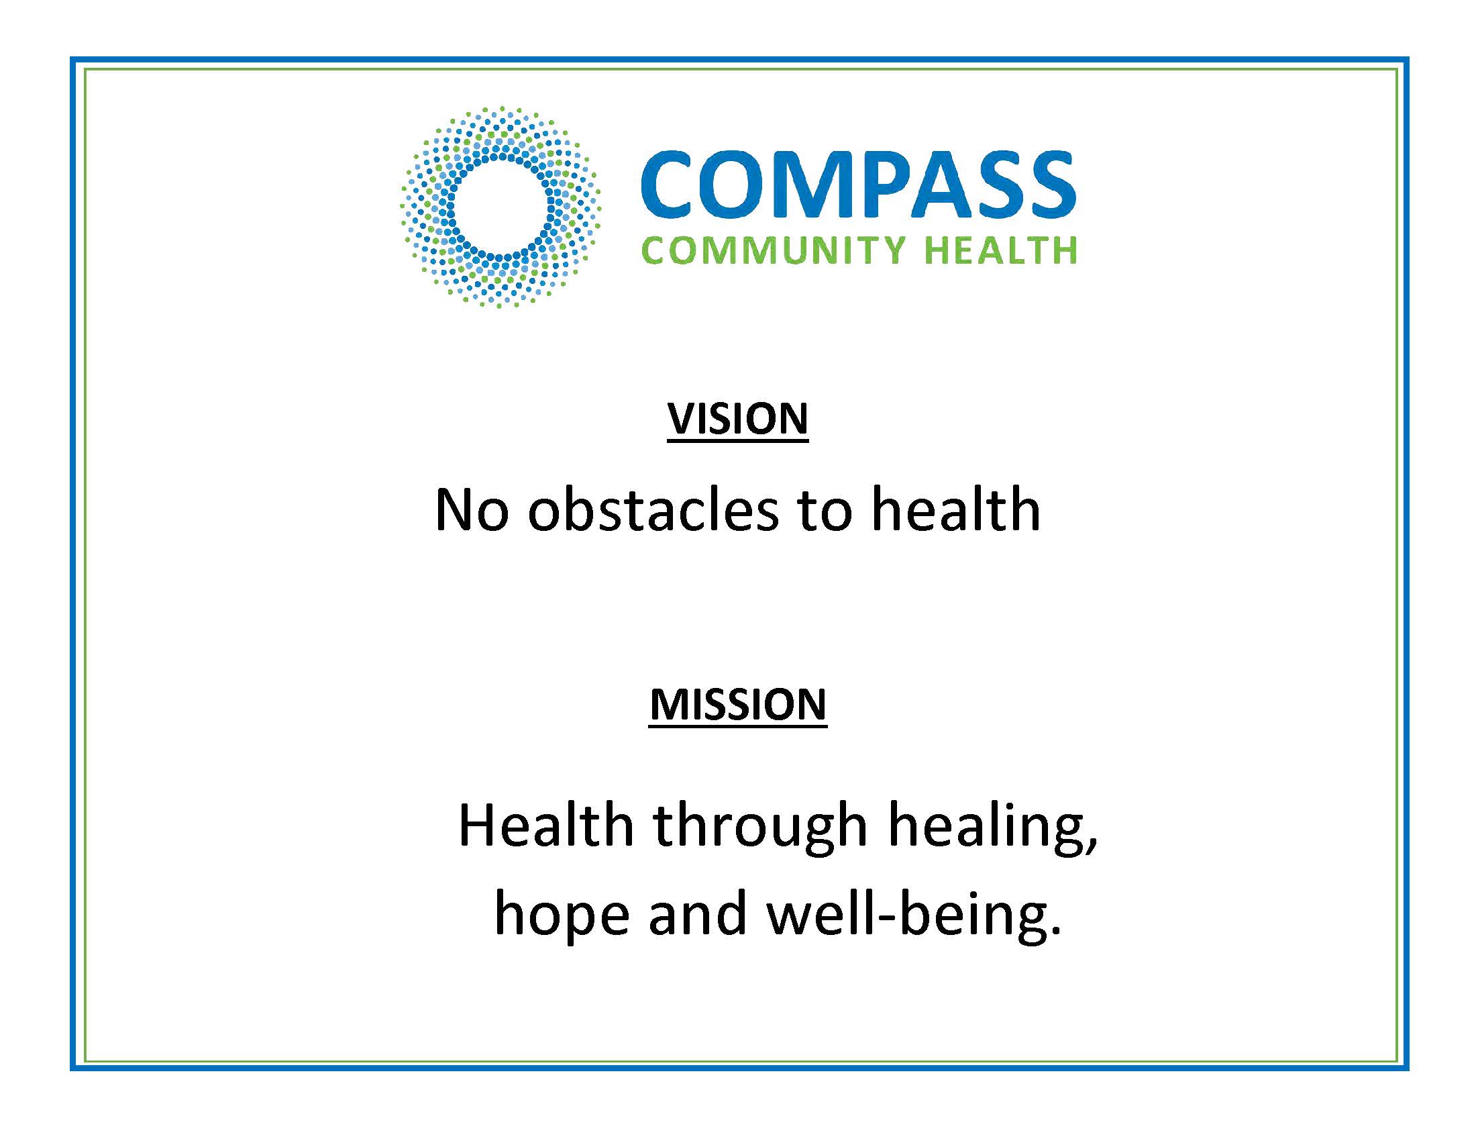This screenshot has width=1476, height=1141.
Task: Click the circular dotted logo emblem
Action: [500, 207]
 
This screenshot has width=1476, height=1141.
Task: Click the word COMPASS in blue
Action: [858, 185]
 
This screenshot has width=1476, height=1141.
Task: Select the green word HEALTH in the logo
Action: [1000, 250]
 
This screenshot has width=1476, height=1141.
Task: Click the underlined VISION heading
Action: [738, 419]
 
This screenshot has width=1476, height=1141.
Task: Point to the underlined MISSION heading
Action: [738, 705]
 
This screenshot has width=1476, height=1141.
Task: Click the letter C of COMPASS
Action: [668, 185]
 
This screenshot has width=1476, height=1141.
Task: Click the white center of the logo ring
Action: [500, 207]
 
